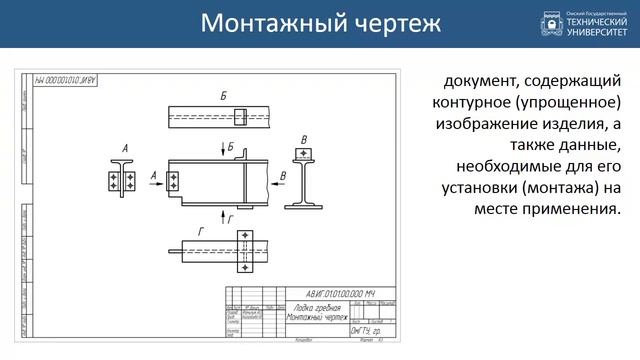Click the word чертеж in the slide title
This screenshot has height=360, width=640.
(x=394, y=23)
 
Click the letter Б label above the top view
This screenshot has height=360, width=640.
(x=223, y=95)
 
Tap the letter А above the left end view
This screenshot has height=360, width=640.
(x=125, y=149)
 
